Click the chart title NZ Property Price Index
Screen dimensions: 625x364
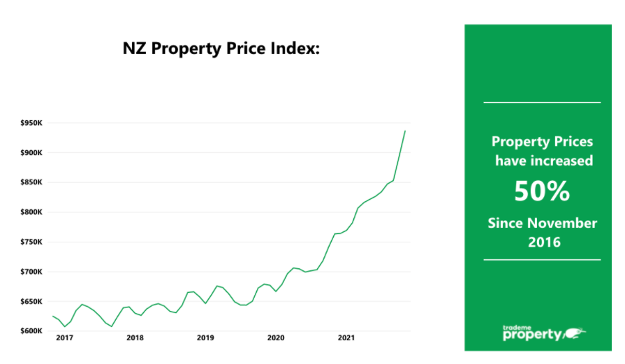tap(221, 49)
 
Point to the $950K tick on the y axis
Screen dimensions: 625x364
tap(31, 123)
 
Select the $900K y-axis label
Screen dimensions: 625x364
tap(31, 153)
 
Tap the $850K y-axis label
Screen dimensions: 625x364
tap(31, 182)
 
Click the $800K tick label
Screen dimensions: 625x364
tap(31, 212)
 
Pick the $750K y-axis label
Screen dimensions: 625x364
tap(31, 242)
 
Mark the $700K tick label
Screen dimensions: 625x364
tap(31, 272)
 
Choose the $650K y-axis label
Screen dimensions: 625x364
tap(31, 301)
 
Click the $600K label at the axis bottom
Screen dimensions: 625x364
tap(31, 331)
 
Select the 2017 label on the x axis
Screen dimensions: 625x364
tap(64, 338)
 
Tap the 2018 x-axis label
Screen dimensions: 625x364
tap(135, 338)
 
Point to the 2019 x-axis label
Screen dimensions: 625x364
tap(205, 338)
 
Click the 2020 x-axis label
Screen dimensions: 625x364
tap(276, 338)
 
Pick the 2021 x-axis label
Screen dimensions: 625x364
tap(346, 338)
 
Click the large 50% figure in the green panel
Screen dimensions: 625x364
tap(542, 191)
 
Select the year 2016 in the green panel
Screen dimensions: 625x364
tap(545, 242)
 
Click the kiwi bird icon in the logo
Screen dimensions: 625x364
tap(575, 333)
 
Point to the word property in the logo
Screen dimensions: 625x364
tap(532, 335)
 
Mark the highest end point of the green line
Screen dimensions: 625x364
tap(405, 131)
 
